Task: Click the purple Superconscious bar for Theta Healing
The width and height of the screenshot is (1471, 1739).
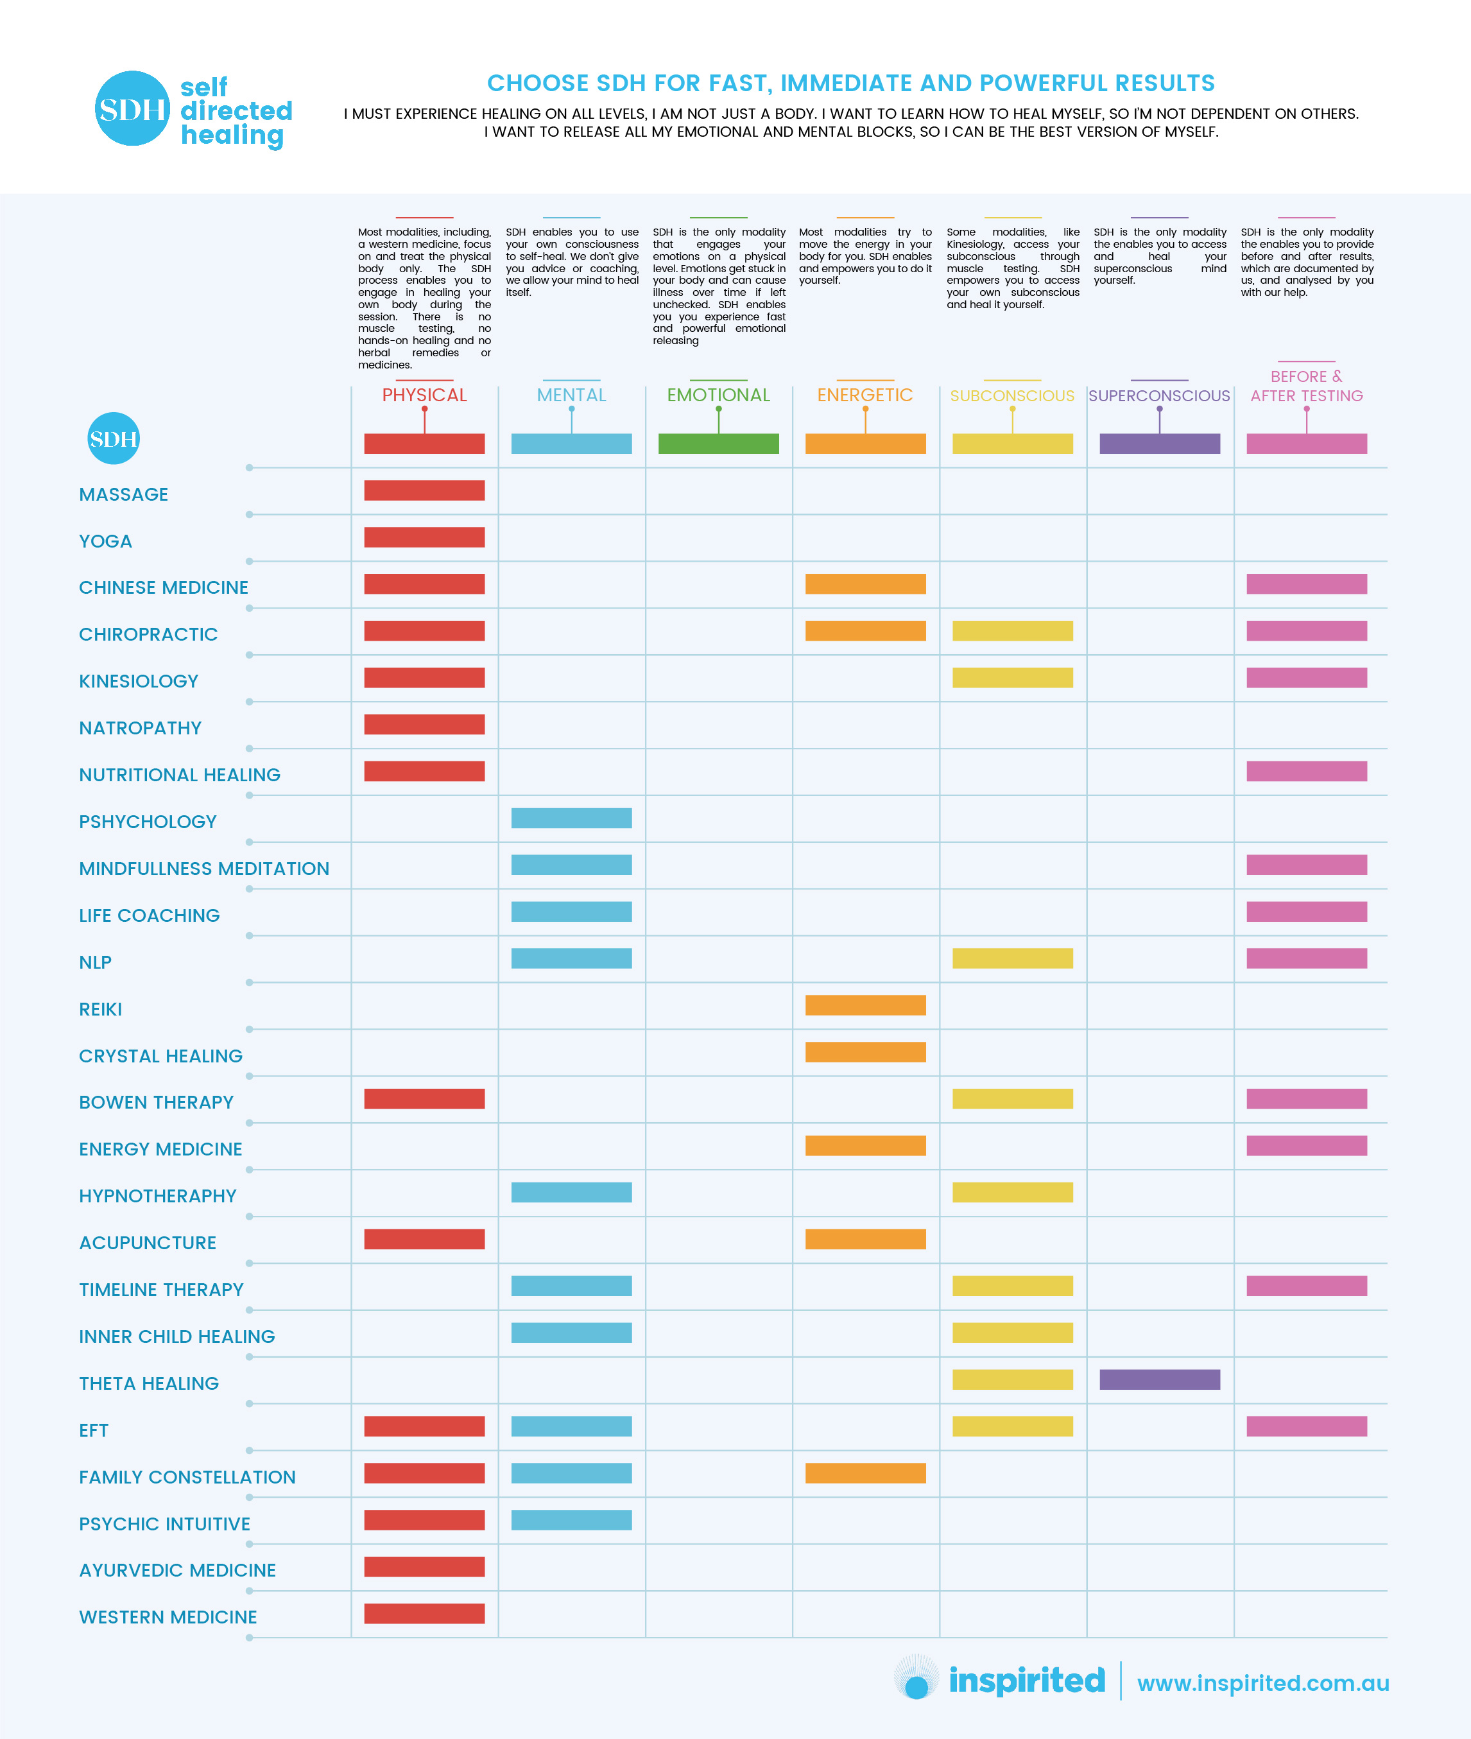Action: tap(1159, 1380)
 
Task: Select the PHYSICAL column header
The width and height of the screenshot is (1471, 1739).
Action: tap(424, 395)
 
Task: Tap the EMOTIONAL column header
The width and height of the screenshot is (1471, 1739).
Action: tap(718, 395)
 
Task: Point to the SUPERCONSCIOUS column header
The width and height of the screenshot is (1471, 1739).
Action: tap(1159, 396)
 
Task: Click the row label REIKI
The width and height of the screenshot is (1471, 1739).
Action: tap(100, 1009)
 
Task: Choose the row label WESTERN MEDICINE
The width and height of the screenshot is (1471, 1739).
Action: tap(168, 1617)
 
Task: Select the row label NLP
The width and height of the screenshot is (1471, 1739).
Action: tap(95, 962)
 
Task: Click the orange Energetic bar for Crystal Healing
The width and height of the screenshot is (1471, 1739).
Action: tap(866, 1051)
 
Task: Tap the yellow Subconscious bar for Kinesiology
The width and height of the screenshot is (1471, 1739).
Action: tap(1012, 677)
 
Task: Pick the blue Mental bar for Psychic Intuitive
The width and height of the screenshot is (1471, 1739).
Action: tap(571, 1519)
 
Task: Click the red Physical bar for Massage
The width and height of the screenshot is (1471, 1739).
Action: tap(424, 490)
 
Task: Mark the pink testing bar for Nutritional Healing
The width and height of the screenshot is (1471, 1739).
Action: tap(1307, 771)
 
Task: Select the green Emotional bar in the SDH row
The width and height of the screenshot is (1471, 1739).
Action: tap(718, 444)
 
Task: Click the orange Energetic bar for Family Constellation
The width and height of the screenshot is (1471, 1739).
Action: tap(866, 1473)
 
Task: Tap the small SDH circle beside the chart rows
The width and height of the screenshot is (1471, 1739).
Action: tap(114, 438)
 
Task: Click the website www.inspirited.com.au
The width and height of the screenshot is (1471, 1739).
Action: tap(1262, 1683)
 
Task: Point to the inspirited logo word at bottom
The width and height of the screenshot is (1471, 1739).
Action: tap(1026, 1681)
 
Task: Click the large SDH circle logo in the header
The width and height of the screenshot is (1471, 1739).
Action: tap(133, 108)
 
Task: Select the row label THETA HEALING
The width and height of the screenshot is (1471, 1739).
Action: tap(148, 1384)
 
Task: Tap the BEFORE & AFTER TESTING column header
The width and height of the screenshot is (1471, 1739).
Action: tap(1306, 386)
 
